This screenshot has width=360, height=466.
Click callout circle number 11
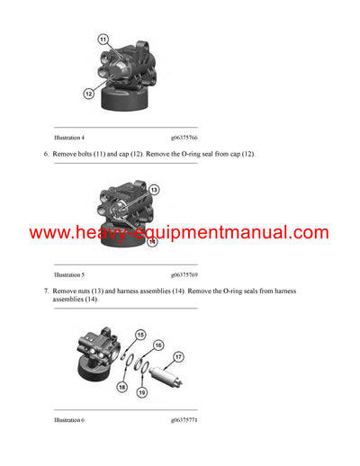point(103,40)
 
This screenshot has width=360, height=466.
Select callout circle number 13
point(154,190)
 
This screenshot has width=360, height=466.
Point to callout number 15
point(140,336)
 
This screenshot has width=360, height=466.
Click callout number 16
point(158,345)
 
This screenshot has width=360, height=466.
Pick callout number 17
point(177,357)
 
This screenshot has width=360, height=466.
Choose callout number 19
point(140,392)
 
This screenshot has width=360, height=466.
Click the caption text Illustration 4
point(69,137)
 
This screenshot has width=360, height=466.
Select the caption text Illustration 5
point(69,273)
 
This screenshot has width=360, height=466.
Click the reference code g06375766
point(184,137)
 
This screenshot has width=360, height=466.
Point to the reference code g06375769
point(184,273)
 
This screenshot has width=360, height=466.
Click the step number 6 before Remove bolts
point(46,154)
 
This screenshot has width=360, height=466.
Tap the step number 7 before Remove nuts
point(46,291)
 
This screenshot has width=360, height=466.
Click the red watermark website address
point(179,233)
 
